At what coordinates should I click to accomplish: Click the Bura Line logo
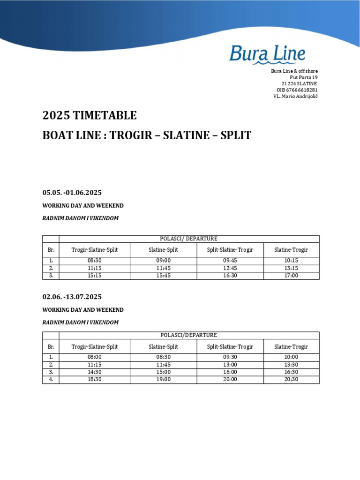tap(267, 55)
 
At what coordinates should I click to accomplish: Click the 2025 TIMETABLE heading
tap(90, 115)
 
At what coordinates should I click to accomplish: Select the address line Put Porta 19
tap(304, 77)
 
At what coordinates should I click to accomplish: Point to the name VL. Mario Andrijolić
tap(295, 96)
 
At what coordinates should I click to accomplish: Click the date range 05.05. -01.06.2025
tap(72, 193)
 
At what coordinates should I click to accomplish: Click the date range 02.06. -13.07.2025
tap(72, 297)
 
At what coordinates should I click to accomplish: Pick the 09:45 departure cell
tap(230, 261)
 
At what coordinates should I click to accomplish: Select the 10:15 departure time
tap(291, 261)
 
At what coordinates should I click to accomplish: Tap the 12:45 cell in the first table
tap(230, 268)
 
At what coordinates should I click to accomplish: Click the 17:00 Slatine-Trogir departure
tap(291, 276)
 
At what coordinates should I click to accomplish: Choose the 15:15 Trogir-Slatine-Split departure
tap(94, 276)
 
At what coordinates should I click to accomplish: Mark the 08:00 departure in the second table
tap(94, 357)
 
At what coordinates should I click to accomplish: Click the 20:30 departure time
tap(291, 380)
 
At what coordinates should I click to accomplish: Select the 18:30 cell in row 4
tap(94, 380)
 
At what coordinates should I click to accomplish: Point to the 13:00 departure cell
tap(230, 365)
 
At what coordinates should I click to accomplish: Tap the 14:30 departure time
tap(94, 372)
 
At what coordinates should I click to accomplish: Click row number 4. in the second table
tap(51, 380)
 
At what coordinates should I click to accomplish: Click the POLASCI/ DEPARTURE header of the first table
tap(189, 239)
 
